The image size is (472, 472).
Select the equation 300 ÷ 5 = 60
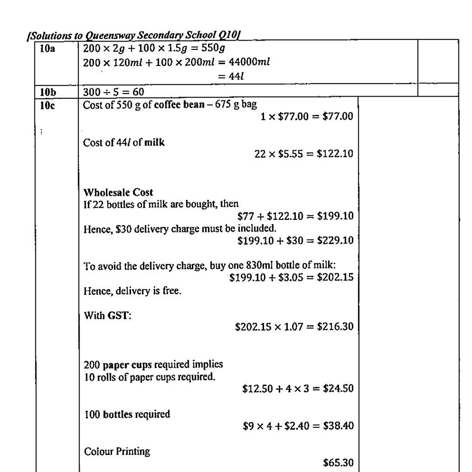[x=114, y=92]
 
